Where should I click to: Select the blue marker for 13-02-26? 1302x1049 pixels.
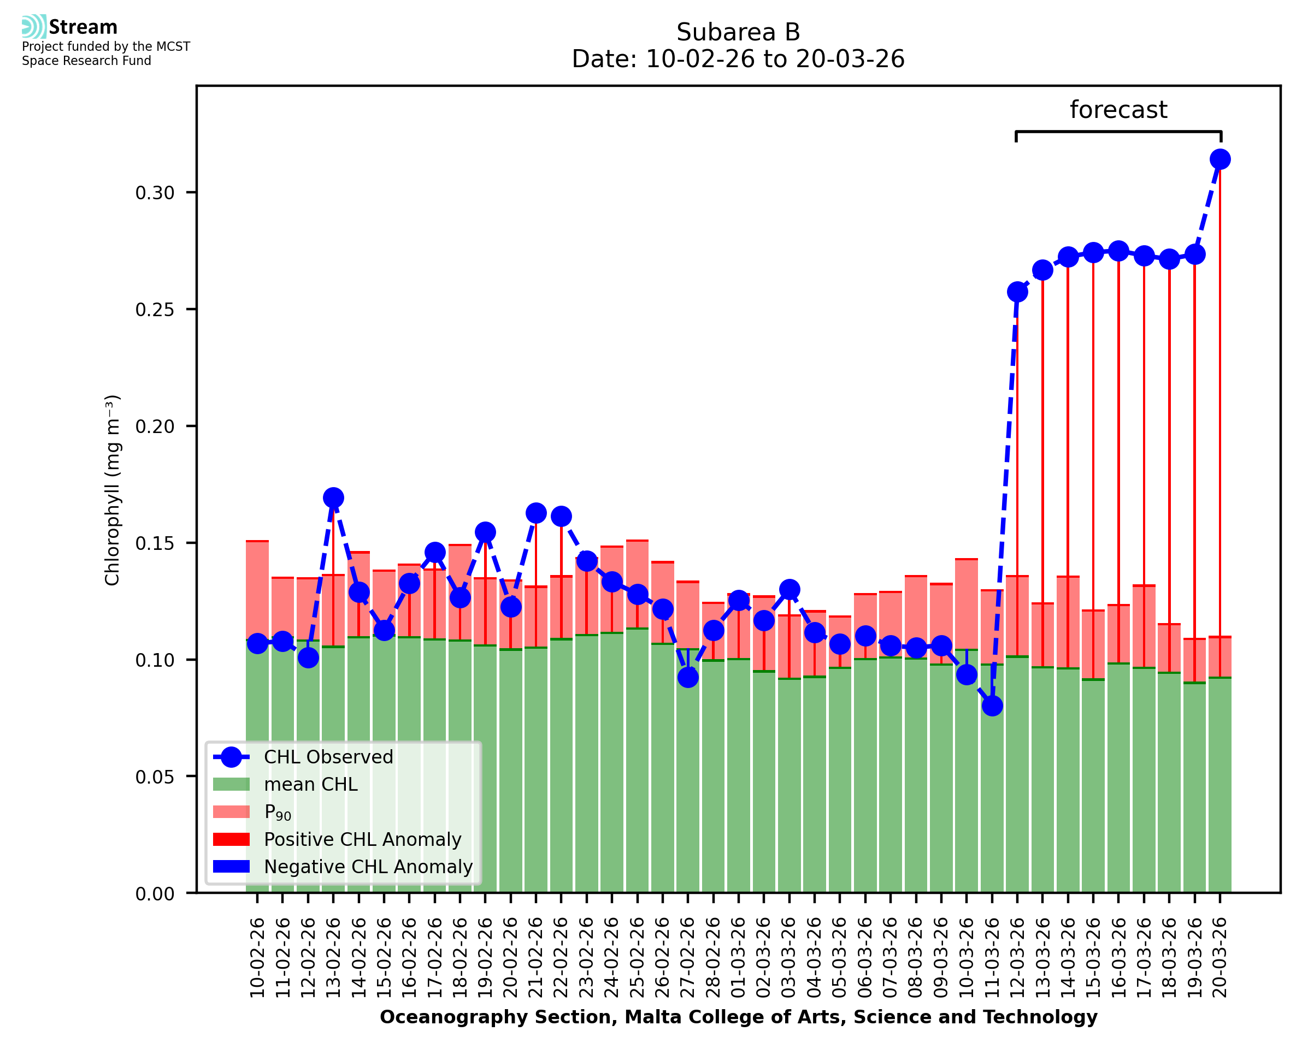(x=333, y=498)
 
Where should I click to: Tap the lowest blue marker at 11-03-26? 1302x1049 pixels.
(x=992, y=706)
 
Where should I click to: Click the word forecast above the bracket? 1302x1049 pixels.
(x=1118, y=110)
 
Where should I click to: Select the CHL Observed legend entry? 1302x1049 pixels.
(x=328, y=757)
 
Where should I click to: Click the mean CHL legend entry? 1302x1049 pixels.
(x=311, y=784)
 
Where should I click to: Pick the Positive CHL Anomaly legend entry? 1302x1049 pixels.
(x=362, y=839)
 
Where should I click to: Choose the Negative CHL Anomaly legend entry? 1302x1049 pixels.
(x=368, y=867)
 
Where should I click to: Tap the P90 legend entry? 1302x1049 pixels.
(x=278, y=812)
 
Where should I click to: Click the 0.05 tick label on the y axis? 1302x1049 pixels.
(x=155, y=777)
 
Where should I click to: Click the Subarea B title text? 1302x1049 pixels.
(x=738, y=32)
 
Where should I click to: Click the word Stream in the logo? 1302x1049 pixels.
(x=83, y=27)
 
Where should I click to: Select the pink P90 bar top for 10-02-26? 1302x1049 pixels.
(x=257, y=542)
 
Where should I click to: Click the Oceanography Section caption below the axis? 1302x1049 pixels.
(x=738, y=1017)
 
